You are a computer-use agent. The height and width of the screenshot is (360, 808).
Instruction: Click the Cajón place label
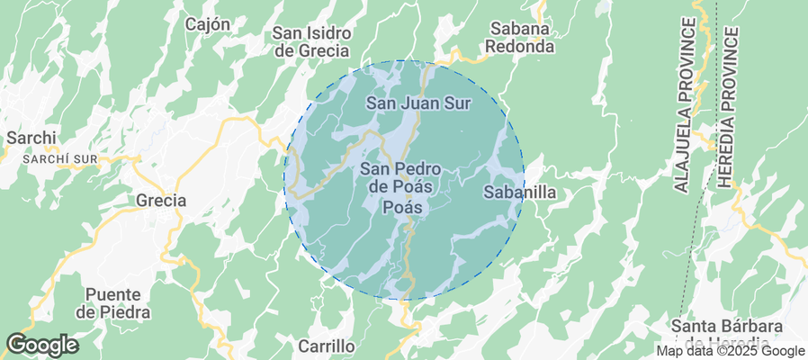(x=208, y=24)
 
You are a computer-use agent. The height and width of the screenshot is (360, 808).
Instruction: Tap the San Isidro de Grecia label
(x=311, y=41)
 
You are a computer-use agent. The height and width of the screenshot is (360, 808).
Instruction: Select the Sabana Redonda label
(x=519, y=36)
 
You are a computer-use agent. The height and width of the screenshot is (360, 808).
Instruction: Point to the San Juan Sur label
(x=418, y=103)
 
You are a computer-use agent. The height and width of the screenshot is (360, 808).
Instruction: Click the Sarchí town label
(x=31, y=138)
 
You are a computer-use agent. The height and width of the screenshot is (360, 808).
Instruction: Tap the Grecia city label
(x=161, y=200)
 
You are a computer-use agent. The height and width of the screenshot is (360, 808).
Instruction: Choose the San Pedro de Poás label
(x=400, y=177)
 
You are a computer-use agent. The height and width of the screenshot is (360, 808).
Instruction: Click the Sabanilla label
(x=520, y=192)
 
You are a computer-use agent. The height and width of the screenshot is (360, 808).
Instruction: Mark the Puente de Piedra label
(x=114, y=303)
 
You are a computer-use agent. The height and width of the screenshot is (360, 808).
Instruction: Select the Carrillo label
(x=327, y=346)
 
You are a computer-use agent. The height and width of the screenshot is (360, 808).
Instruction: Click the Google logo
(x=41, y=345)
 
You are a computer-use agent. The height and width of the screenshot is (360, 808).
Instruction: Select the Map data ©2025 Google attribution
(x=730, y=351)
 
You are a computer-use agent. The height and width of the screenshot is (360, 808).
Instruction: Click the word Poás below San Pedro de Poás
(x=402, y=207)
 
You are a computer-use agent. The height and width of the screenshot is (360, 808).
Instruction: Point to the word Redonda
(x=519, y=45)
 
